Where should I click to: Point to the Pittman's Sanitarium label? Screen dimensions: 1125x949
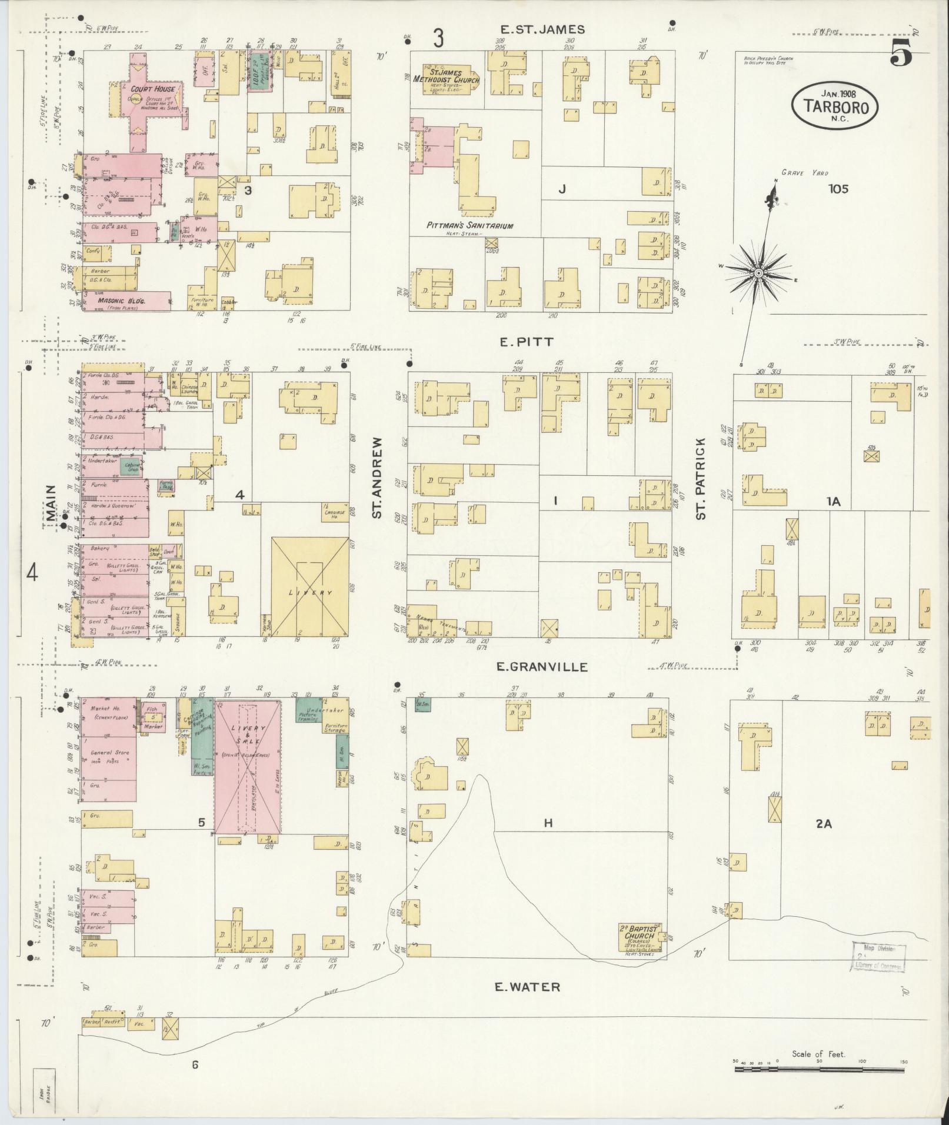470,225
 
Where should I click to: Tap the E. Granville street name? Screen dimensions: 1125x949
542,666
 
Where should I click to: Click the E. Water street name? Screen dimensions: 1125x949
527,987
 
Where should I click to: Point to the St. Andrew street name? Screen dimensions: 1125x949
377,477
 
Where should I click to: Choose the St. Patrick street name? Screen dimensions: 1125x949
700,478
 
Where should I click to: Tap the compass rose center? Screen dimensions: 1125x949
758,273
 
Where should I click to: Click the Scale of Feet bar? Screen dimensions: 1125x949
819,1069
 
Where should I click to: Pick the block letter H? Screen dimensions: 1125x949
548,823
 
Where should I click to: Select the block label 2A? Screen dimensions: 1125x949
823,824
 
